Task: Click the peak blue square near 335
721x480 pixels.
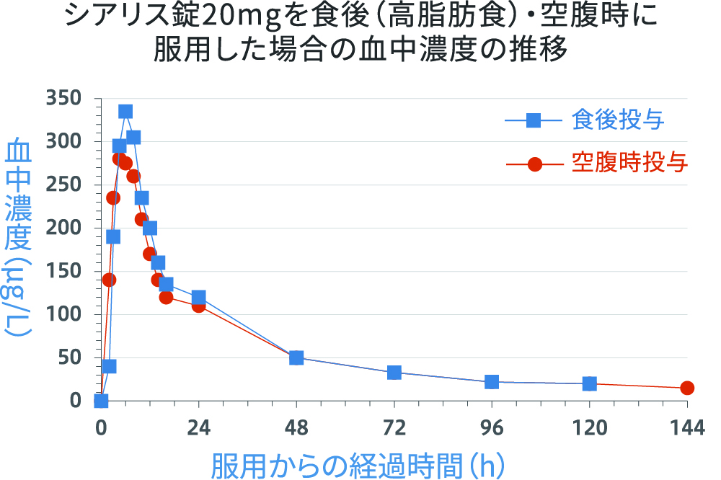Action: coord(125,111)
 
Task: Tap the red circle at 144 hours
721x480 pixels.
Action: coord(687,388)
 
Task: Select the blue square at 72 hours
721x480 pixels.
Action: coord(394,373)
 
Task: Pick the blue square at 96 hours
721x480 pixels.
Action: coord(492,382)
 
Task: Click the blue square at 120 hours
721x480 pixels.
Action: coord(589,383)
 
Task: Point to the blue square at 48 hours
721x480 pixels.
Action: coord(296,357)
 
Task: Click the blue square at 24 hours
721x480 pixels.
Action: coord(198,297)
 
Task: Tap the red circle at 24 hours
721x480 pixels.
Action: coord(198,306)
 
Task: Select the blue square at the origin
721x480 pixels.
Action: coord(101,401)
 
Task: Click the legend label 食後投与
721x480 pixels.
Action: coord(618,120)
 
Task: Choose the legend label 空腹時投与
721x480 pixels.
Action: coord(629,164)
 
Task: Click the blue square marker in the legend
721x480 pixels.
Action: coord(534,120)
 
